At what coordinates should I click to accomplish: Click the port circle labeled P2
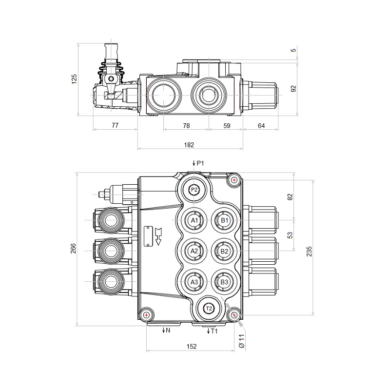click(x=194, y=190)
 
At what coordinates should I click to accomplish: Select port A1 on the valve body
click(x=194, y=220)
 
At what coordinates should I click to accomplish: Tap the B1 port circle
click(x=224, y=220)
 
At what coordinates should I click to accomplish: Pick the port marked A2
click(x=194, y=251)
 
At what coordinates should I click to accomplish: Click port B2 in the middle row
click(x=224, y=251)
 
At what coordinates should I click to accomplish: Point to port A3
click(x=194, y=282)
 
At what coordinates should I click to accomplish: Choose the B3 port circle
click(x=224, y=282)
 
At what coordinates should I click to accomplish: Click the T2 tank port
click(x=209, y=308)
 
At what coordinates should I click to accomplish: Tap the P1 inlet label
click(x=199, y=163)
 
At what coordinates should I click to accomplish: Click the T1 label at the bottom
click(x=213, y=331)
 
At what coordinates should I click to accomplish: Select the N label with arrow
click(x=166, y=331)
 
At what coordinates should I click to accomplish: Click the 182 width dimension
click(x=189, y=145)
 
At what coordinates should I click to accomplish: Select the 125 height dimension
click(x=74, y=79)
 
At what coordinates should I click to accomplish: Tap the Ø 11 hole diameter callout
click(x=241, y=341)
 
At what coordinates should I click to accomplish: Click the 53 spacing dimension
click(x=290, y=235)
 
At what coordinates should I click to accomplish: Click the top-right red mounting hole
click(x=234, y=180)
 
